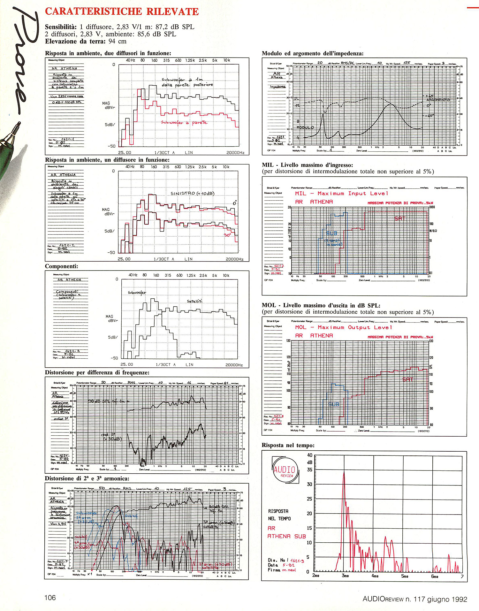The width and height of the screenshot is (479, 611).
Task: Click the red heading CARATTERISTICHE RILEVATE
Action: tap(122, 11)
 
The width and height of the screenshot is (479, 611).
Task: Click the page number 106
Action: tap(50, 598)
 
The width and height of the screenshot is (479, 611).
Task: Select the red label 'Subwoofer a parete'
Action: tap(184, 122)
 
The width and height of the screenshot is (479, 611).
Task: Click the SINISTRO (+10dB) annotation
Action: tap(192, 194)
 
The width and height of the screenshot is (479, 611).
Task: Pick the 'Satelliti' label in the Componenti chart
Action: tap(194, 301)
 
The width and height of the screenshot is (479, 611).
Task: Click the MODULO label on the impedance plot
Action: tap(305, 127)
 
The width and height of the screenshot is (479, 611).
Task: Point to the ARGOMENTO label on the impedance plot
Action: tap(438, 100)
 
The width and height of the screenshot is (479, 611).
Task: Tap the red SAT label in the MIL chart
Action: tap(399, 218)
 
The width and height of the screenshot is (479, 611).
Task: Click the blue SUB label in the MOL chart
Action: tap(334, 404)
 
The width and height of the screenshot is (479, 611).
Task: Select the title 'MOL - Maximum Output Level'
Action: tap(341, 327)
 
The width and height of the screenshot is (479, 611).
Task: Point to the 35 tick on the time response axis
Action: tap(309, 470)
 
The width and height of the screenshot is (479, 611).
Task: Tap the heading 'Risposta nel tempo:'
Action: tap(288, 445)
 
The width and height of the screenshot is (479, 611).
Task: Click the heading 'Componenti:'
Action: tap(61, 266)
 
